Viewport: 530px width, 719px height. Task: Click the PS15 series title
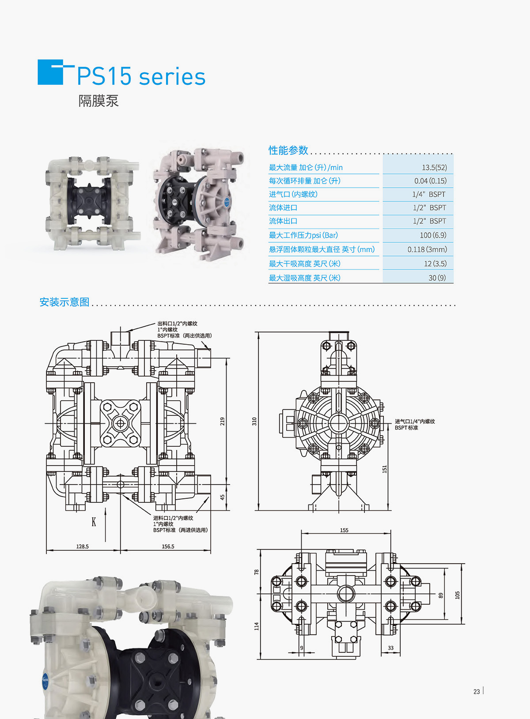pos(141,76)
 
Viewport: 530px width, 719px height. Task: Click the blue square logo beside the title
pos(50,72)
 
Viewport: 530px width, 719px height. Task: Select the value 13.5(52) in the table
pos(434,168)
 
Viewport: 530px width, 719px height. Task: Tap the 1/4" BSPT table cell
pos(428,195)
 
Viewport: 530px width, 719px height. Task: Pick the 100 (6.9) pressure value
pos(432,235)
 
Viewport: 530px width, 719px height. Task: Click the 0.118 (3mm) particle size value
pos(427,249)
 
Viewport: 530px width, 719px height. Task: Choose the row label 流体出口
pos(283,221)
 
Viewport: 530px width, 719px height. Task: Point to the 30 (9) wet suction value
pos(437,278)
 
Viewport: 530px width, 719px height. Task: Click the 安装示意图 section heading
pos(64,302)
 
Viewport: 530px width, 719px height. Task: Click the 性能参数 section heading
pos(288,151)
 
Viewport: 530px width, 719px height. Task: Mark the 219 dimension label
pos(223,421)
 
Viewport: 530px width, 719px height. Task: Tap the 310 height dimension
pos(254,421)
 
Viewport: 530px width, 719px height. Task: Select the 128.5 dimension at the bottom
pos(82,546)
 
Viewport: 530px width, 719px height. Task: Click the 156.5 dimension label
pos(168,546)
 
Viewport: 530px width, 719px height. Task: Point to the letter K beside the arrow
pos(94,522)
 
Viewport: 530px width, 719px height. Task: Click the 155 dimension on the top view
pos(344,530)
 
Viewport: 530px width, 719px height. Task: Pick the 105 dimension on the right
pos(457,595)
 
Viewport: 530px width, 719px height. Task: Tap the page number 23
pos(477,692)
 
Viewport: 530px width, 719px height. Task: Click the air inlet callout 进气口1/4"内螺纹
pos(414,422)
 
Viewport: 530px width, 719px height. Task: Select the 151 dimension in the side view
pos(384,469)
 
